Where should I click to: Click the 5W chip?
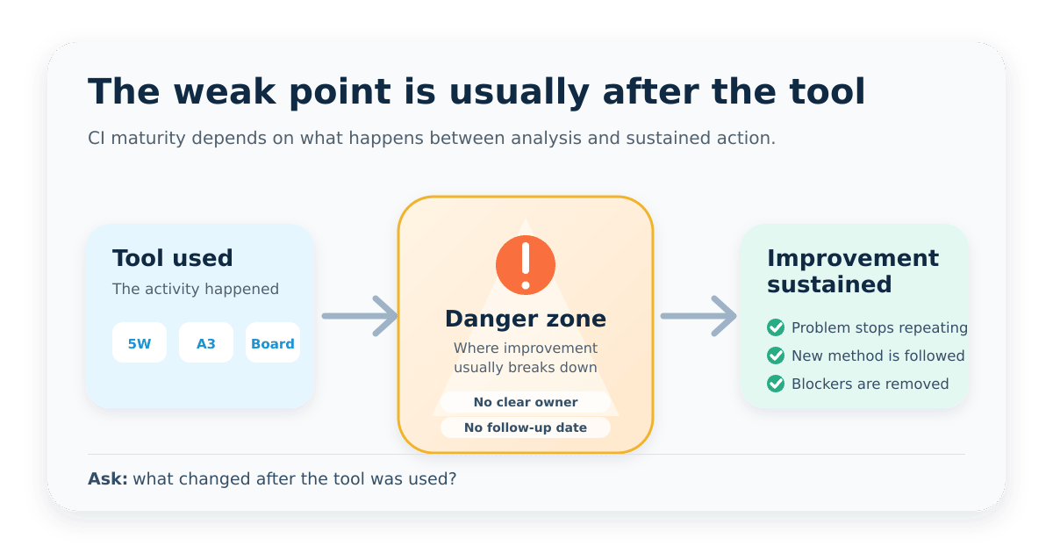point(140,342)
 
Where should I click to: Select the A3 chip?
point(206,342)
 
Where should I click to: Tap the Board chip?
point(273,342)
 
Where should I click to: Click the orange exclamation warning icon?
point(526,265)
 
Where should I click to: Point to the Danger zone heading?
point(526,319)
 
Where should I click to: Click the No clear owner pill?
point(526,402)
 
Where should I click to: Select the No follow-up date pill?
point(526,427)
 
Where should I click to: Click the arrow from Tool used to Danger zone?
point(360,316)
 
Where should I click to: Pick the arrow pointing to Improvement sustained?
point(698,316)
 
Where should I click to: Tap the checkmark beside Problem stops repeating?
point(776,327)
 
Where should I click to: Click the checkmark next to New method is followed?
point(776,355)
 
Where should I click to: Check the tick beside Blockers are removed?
point(776,384)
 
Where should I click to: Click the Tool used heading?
point(173,258)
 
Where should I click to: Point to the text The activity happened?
point(196,289)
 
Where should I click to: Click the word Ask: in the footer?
point(108,478)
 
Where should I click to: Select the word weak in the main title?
point(225,91)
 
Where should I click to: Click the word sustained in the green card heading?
point(829,284)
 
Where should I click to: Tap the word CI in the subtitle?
point(97,139)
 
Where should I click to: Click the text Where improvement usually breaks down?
point(526,357)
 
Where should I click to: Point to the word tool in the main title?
point(827,91)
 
